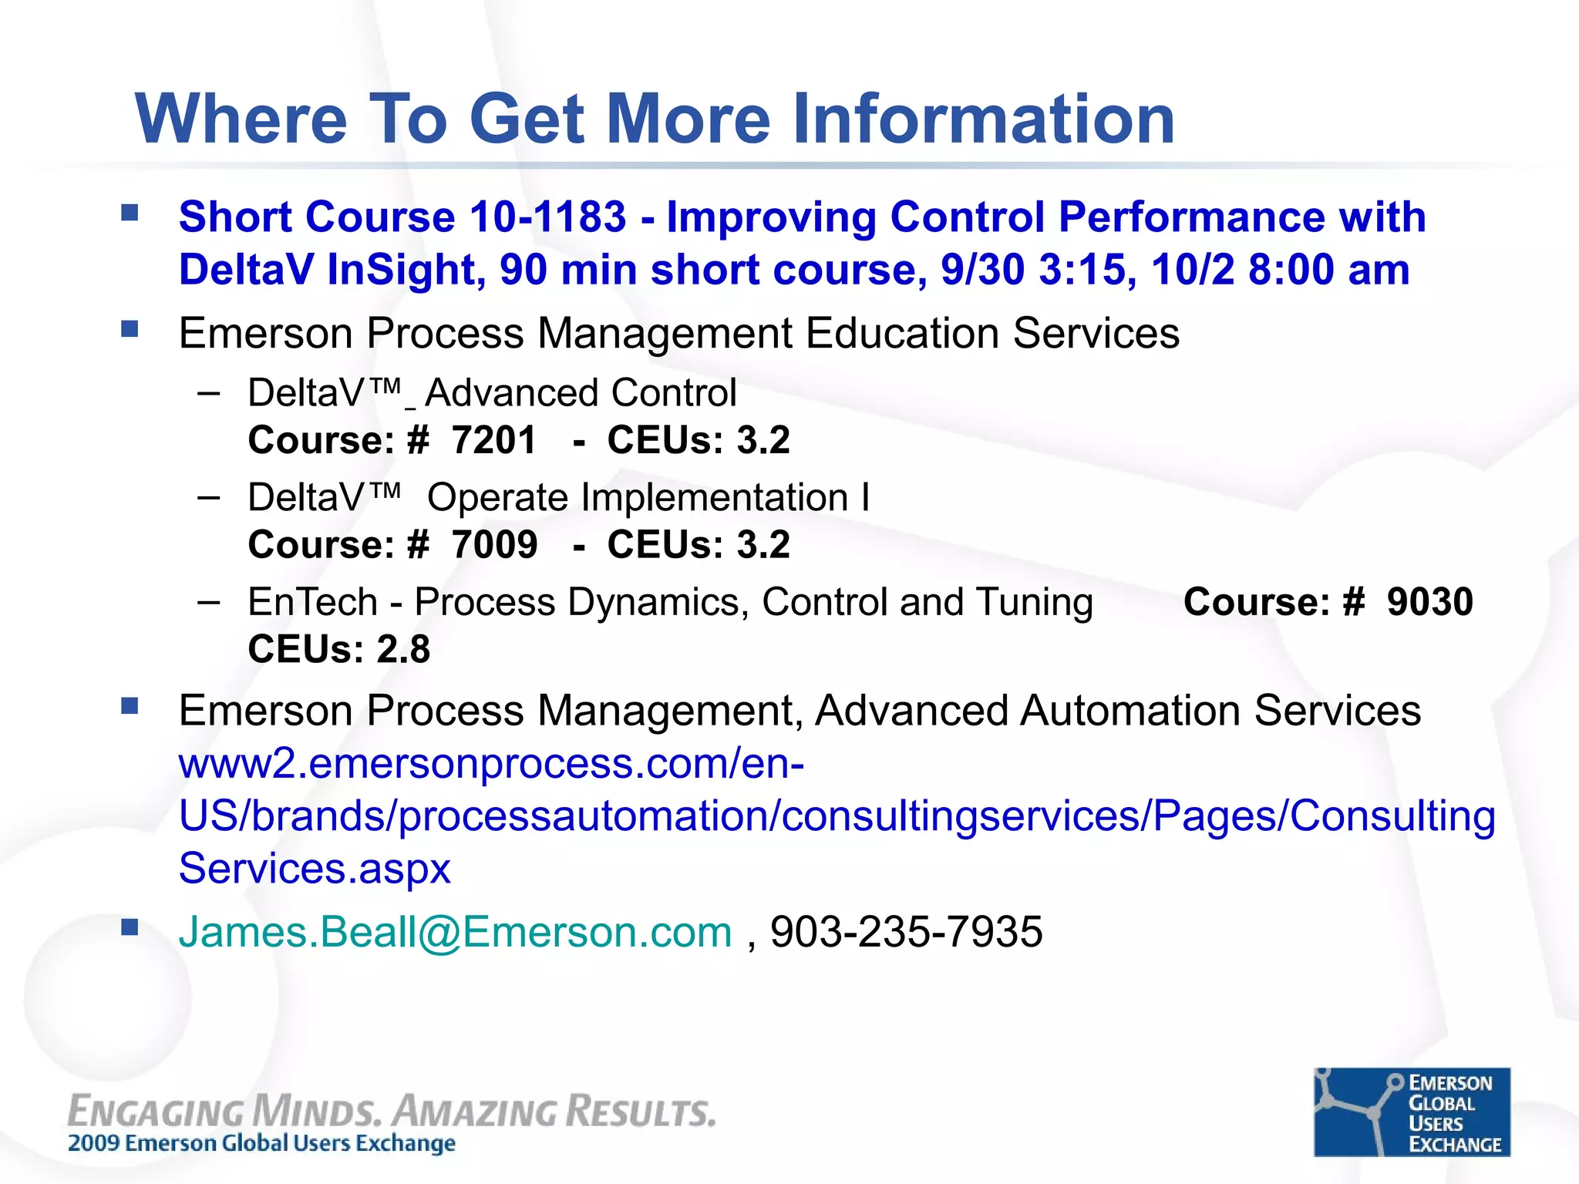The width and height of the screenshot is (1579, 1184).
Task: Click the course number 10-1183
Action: click(547, 217)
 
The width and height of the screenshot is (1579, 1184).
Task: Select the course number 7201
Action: click(493, 441)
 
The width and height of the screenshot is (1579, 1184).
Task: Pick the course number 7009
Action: click(494, 545)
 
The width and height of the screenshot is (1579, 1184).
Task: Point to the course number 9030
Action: click(1429, 602)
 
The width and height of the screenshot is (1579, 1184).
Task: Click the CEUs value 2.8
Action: click(403, 649)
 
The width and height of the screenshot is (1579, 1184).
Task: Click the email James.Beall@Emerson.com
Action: click(455, 932)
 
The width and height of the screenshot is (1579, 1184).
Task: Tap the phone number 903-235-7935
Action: click(906, 932)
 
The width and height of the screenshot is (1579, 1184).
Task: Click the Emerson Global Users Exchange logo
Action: click(1411, 1112)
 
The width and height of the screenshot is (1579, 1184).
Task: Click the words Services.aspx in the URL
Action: click(315, 869)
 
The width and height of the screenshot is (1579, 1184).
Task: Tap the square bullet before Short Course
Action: click(130, 214)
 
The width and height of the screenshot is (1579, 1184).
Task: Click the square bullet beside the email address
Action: click(130, 927)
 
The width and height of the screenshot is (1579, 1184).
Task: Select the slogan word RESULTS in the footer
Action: click(640, 1112)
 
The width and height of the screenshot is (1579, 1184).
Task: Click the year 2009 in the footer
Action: click(94, 1143)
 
